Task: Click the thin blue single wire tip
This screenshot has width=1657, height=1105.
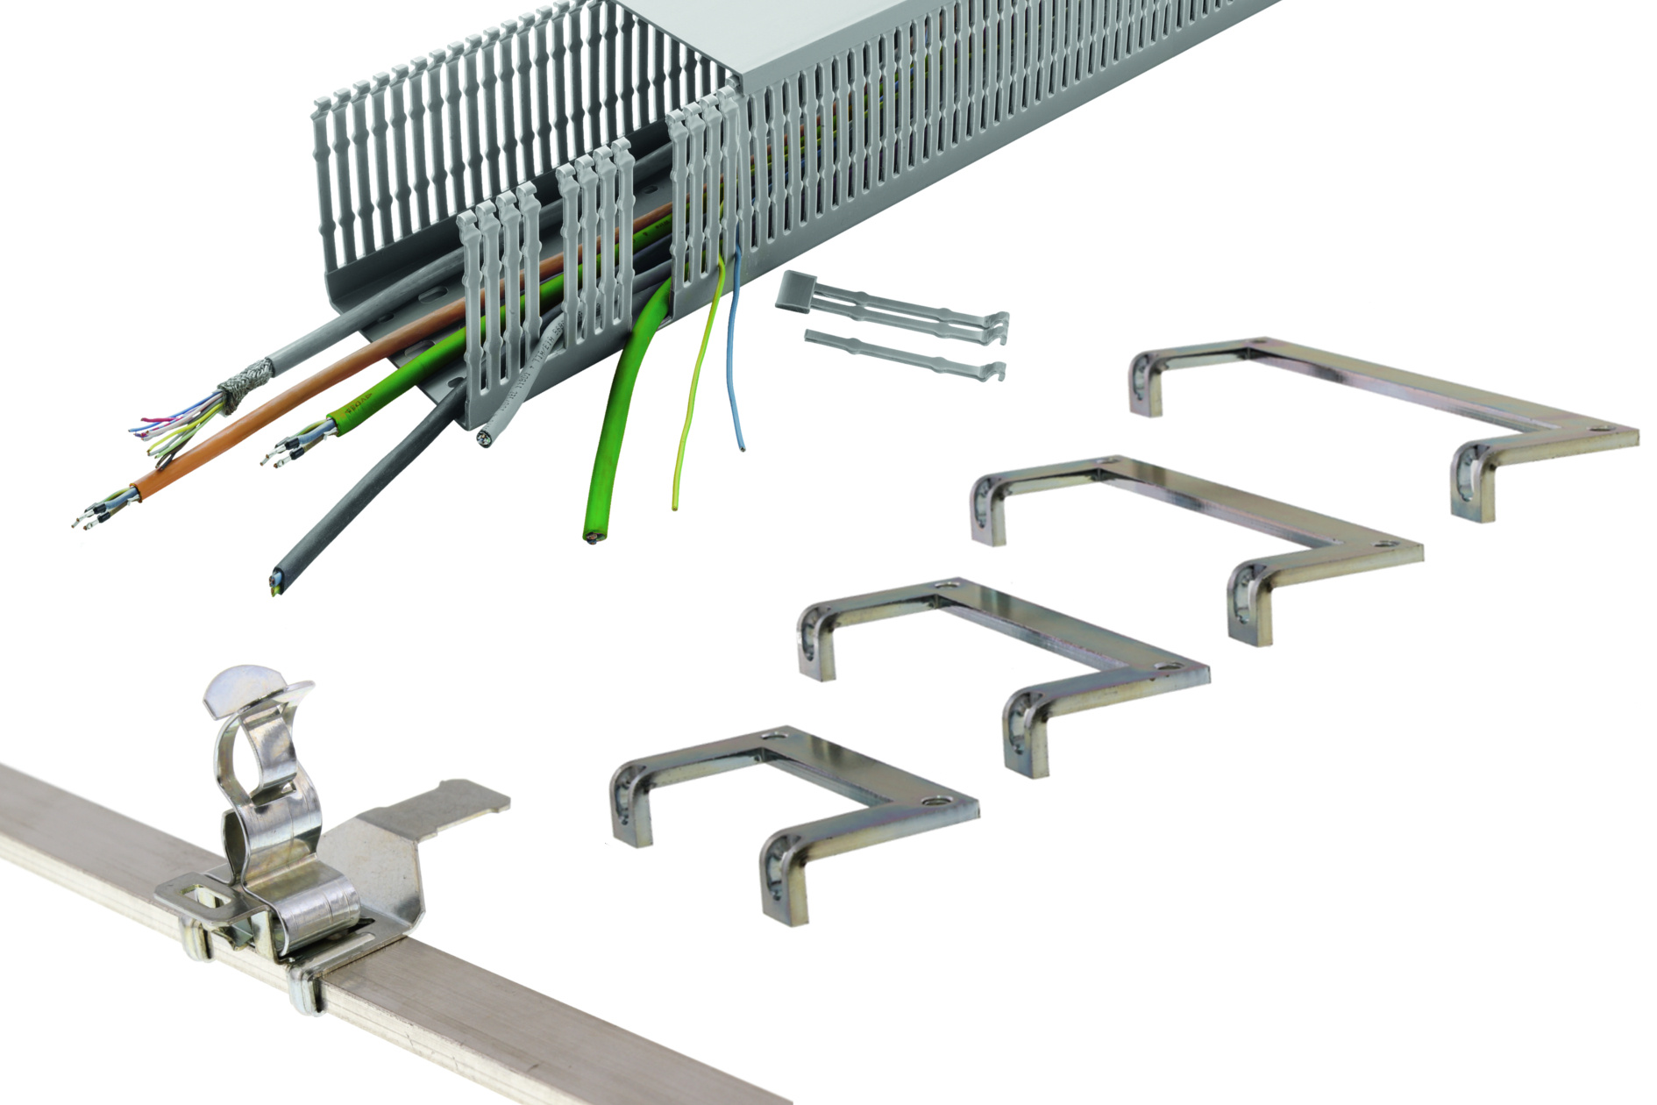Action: (743, 448)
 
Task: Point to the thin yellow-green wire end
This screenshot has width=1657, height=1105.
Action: (675, 504)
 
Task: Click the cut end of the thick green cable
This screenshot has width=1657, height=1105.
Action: (594, 536)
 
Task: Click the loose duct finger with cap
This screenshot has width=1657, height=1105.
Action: (894, 307)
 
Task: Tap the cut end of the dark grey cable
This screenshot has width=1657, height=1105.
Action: (276, 581)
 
